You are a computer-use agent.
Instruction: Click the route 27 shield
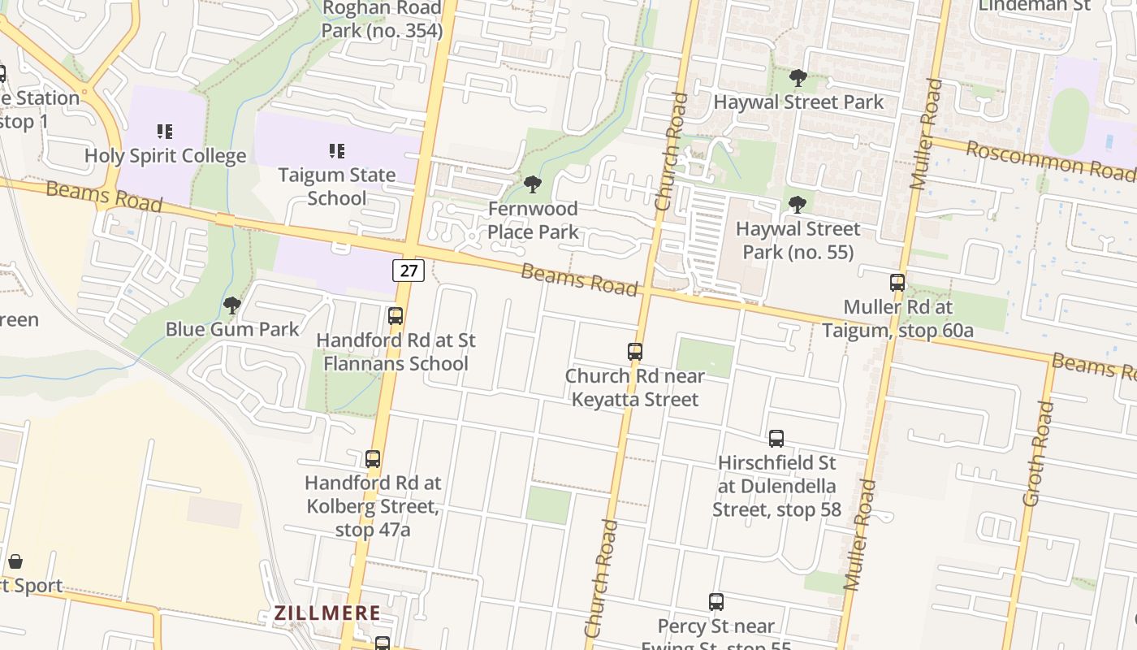(408, 271)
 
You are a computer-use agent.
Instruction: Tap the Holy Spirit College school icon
(165, 131)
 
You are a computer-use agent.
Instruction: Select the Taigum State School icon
(337, 150)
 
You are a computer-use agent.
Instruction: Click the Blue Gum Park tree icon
(232, 305)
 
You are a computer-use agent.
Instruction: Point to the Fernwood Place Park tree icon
(533, 184)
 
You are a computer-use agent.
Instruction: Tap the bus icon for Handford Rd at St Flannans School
(396, 316)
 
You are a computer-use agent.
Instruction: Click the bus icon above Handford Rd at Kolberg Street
(373, 459)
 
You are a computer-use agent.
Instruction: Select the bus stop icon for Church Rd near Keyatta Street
(635, 352)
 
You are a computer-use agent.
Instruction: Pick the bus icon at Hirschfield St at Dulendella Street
(776, 439)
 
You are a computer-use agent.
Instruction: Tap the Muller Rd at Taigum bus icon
(897, 283)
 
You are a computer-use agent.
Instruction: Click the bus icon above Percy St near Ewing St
(716, 602)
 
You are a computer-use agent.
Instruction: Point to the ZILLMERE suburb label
(327, 613)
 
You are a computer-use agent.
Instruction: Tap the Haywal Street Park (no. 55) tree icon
(798, 204)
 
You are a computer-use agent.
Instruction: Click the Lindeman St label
(1034, 6)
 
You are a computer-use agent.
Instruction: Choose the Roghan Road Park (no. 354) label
(382, 19)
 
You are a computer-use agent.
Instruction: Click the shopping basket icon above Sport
(15, 561)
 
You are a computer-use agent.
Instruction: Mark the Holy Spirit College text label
(165, 156)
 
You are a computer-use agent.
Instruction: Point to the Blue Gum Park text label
(232, 329)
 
